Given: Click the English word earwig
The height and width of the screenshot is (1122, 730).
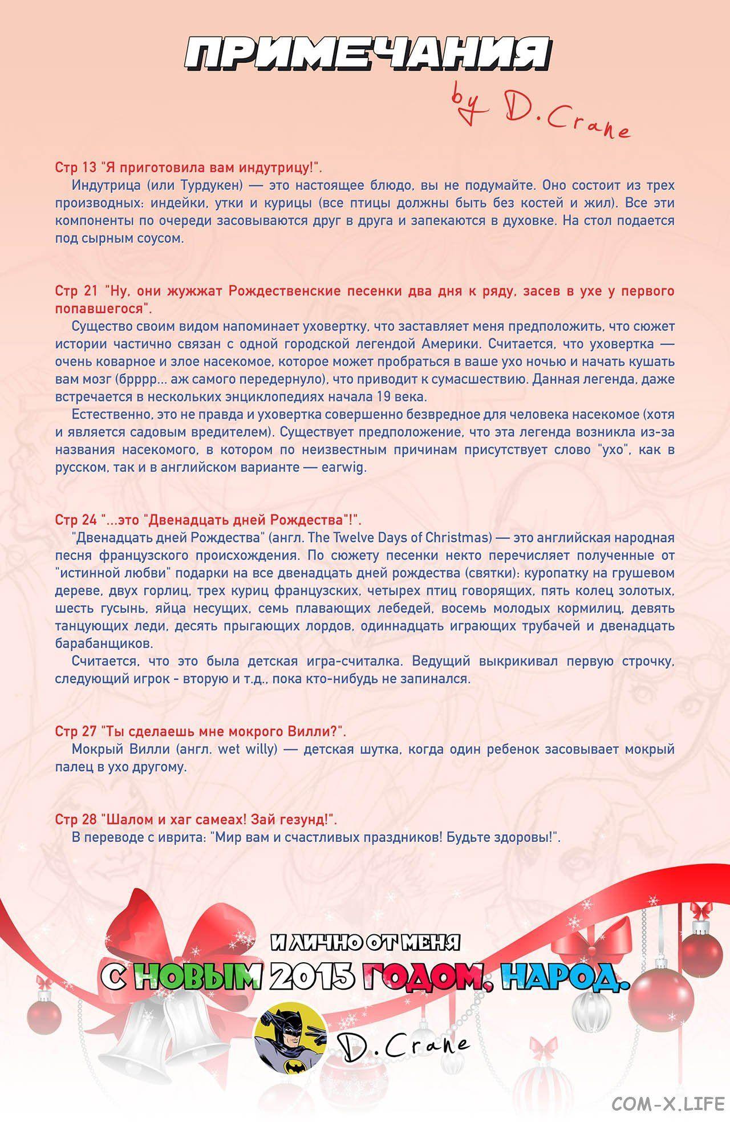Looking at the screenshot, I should click(342, 467).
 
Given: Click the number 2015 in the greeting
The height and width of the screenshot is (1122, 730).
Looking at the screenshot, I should click(308, 977).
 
